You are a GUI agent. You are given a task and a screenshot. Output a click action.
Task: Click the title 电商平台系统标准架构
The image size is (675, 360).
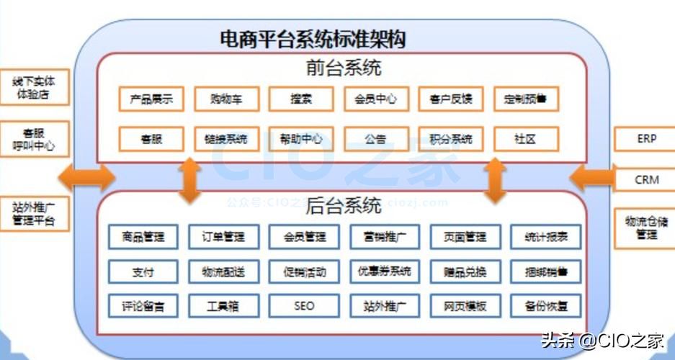[x=313, y=38]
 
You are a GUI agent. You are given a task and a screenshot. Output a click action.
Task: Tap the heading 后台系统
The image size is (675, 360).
[x=344, y=207]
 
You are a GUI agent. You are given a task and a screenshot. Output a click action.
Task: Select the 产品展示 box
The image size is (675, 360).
[x=151, y=99]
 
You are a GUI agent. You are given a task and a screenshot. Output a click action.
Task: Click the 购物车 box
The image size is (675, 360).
[x=226, y=99]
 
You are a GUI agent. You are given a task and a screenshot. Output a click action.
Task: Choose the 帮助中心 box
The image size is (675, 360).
[x=301, y=139]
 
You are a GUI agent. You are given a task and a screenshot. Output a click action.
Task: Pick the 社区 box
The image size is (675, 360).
[x=526, y=139]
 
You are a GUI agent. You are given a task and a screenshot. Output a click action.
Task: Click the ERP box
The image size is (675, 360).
[x=646, y=139]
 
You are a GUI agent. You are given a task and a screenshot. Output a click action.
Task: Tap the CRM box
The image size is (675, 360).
[x=646, y=179]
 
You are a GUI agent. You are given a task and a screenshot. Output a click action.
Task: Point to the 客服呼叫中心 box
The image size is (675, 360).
[x=34, y=140]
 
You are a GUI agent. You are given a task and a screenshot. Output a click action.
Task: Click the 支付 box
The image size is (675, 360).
[x=143, y=272]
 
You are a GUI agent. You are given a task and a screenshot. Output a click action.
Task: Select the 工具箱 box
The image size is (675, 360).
[x=223, y=306]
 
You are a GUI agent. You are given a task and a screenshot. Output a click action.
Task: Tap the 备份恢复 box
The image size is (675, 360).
[x=545, y=306]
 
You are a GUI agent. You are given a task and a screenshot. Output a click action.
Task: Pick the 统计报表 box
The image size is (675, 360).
[x=545, y=237]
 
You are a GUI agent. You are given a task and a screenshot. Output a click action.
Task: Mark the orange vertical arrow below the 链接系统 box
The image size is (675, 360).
[x=189, y=179]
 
